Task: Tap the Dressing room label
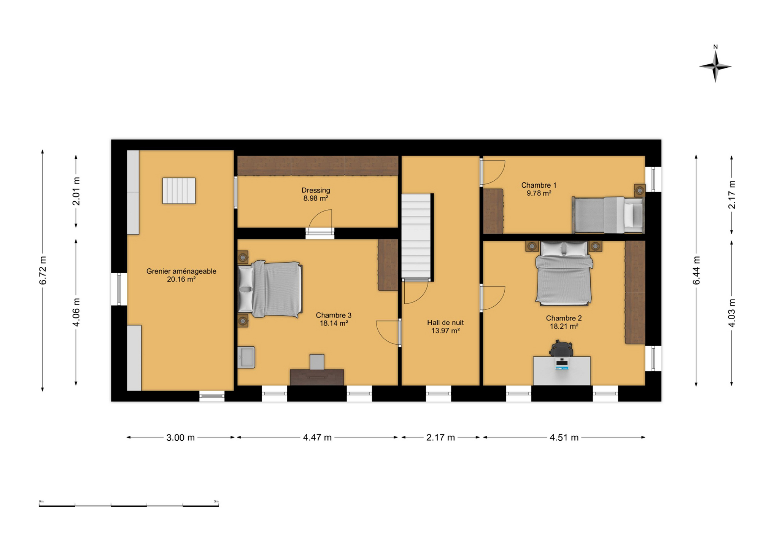pos(316,194)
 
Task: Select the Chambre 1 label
pos(539,189)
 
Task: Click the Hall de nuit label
pos(445,327)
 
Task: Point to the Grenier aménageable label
pos(181,275)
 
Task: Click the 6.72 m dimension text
pos(43,271)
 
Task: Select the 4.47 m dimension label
pos(317,438)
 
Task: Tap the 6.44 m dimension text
pos(696,271)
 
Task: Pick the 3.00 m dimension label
pos(180,438)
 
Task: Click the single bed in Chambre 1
pos(608,215)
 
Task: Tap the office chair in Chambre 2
pos(561,348)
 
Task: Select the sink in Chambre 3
pos(246,357)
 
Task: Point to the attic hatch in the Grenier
pos(179,191)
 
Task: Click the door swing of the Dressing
pos(320,221)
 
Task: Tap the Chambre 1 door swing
pos(493,173)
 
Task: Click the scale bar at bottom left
pos(129,505)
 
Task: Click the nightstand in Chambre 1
pos(639,190)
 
